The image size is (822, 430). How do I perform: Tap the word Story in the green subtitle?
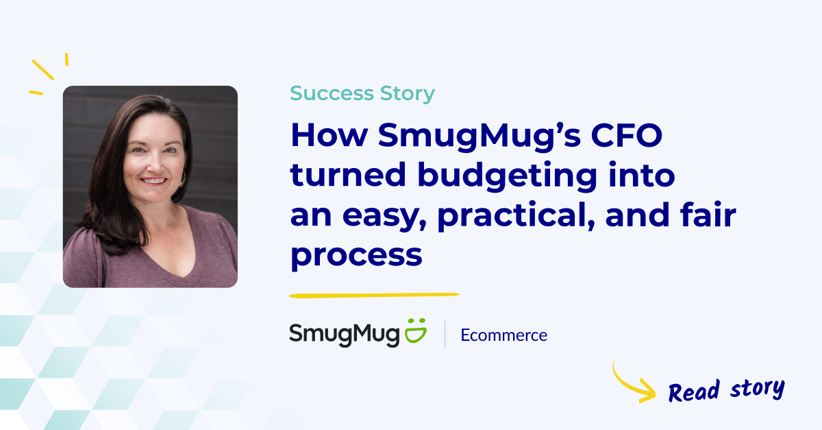(408, 94)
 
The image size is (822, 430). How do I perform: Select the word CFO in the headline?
(626, 135)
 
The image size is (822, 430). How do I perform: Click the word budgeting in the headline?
(508, 176)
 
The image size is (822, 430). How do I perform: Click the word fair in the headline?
(708, 213)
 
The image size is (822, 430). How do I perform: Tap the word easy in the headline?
(384, 217)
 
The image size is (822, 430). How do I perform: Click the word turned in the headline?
(348, 174)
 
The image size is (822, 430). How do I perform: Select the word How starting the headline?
(329, 135)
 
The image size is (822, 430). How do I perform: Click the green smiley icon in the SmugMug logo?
(416, 331)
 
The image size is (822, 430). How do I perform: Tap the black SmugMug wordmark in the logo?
(344, 335)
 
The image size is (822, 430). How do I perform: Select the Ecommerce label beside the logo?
(504, 335)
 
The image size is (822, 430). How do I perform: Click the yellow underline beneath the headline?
(374, 295)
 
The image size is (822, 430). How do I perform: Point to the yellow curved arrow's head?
(649, 391)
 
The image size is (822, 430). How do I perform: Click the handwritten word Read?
(693, 392)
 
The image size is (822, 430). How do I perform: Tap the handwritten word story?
(757, 389)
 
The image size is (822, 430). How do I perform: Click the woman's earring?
(182, 179)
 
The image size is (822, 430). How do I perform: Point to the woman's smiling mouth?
(153, 181)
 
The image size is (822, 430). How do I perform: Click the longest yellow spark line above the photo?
(43, 70)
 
